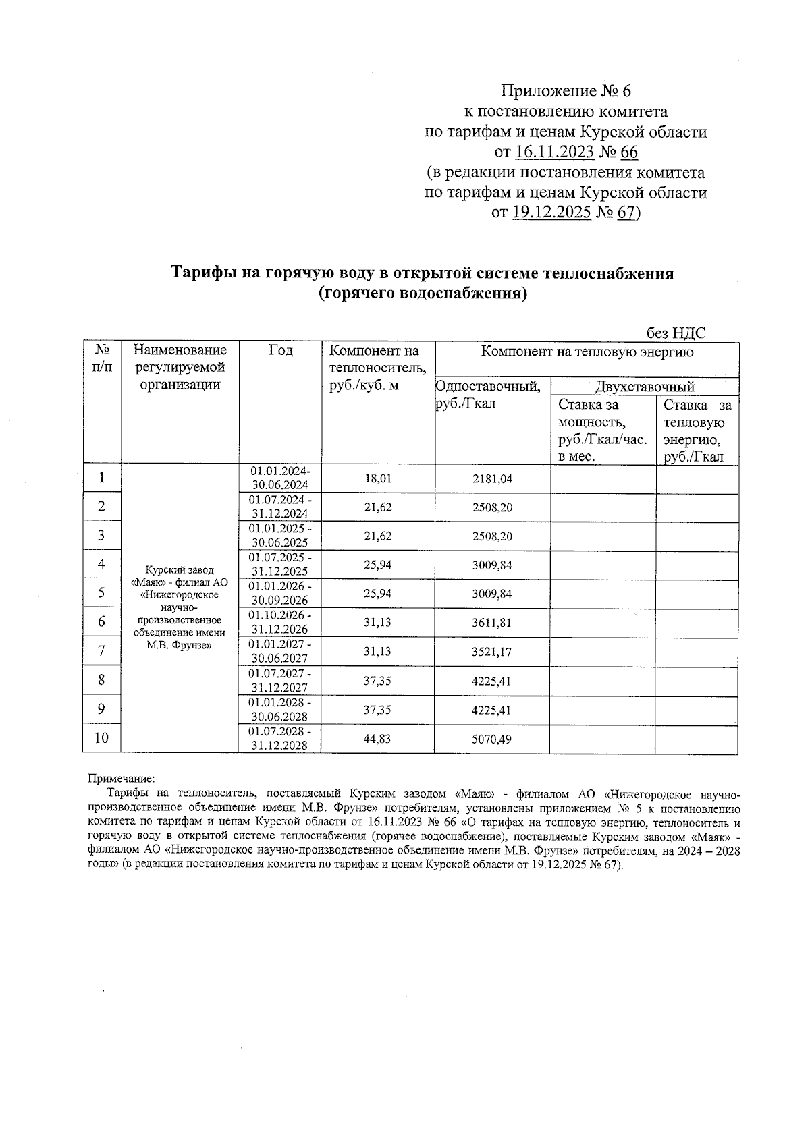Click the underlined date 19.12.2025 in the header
[551, 213]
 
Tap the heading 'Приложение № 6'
[566, 91]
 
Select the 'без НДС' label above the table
[676, 333]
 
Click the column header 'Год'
[281, 350]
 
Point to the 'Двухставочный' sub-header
[645, 387]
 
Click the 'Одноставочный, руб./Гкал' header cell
[489, 395]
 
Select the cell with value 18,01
[378, 478]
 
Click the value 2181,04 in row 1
[492, 478]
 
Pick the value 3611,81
[492, 623]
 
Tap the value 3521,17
[492, 652]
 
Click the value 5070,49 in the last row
[492, 739]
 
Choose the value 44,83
[378, 739]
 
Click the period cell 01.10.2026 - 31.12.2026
[280, 622]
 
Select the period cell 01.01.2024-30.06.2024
[280, 478]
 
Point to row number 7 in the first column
[101, 651]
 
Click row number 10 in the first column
[101, 738]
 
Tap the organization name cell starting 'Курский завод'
[180, 607]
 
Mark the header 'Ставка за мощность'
[600, 414]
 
